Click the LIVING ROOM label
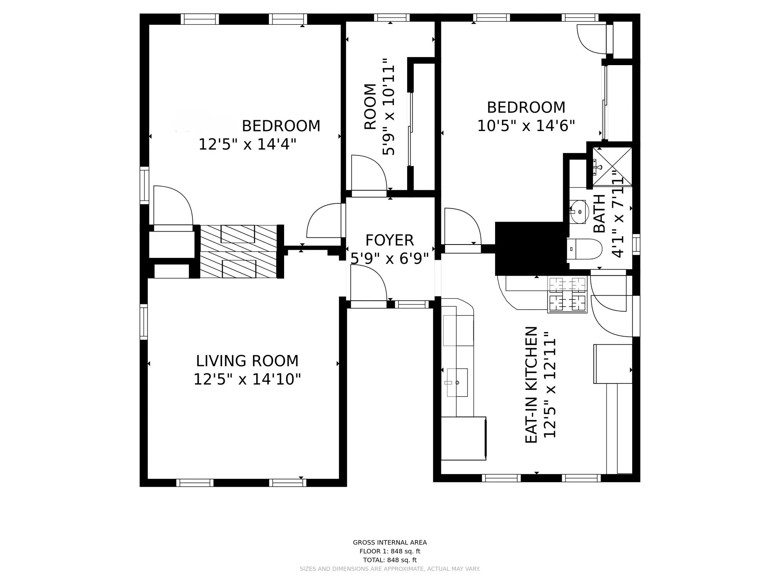(x=247, y=361)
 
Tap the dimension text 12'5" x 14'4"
(x=247, y=145)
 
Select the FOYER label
(x=389, y=240)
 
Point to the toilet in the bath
(x=584, y=249)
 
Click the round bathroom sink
(x=579, y=212)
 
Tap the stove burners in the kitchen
(x=567, y=295)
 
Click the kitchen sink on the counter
(x=457, y=382)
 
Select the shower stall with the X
(x=612, y=167)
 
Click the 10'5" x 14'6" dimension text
(x=526, y=126)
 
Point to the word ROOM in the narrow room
(x=370, y=107)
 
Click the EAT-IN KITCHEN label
(x=531, y=385)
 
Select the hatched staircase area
(x=238, y=251)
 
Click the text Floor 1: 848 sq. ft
(x=390, y=551)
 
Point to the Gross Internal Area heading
(x=390, y=542)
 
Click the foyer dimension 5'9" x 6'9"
(x=389, y=259)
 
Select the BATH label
(x=599, y=213)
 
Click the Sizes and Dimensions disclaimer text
(x=390, y=569)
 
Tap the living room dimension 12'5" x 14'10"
(x=247, y=379)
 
